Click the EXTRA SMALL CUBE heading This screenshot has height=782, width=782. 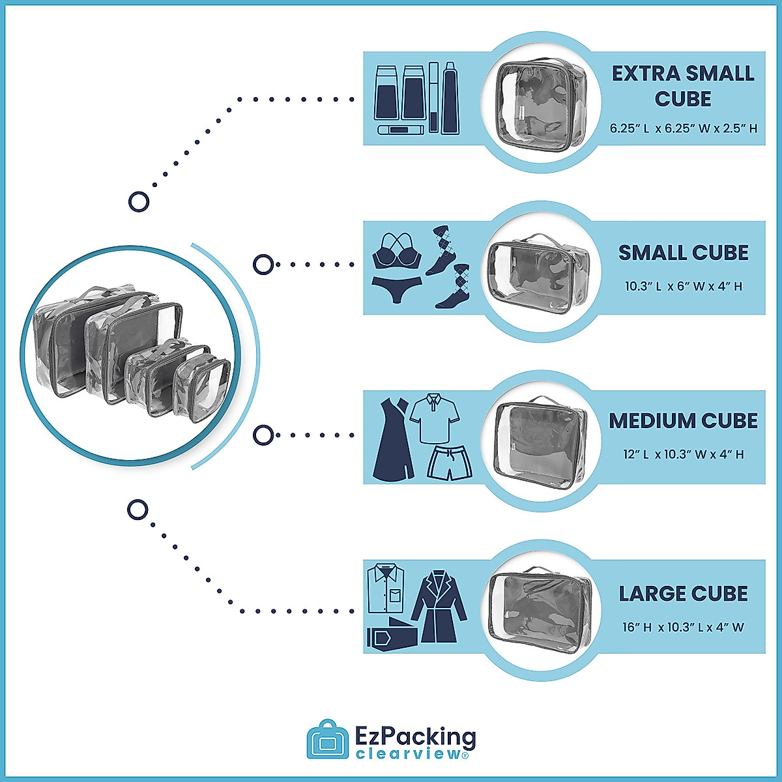tap(683, 86)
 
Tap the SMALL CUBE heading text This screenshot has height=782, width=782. tap(683, 253)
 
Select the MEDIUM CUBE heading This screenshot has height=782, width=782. tap(683, 421)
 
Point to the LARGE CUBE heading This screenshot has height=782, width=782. tap(683, 594)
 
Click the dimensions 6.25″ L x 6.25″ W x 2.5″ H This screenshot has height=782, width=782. tap(683, 128)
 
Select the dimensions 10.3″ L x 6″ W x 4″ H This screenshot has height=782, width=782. tap(683, 286)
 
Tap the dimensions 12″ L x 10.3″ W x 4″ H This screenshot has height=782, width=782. tap(683, 454)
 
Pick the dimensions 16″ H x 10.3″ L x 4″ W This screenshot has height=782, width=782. tap(683, 628)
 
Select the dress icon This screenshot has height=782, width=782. tap(393, 438)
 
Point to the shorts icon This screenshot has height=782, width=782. tap(449, 463)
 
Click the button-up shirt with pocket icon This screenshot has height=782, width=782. tap(386, 588)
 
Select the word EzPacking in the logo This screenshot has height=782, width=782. tap(416, 738)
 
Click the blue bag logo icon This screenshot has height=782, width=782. tap(328, 740)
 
